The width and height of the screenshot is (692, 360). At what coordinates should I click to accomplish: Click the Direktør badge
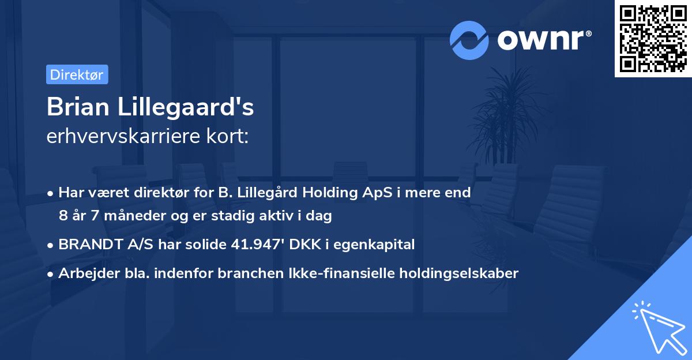point(77,74)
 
